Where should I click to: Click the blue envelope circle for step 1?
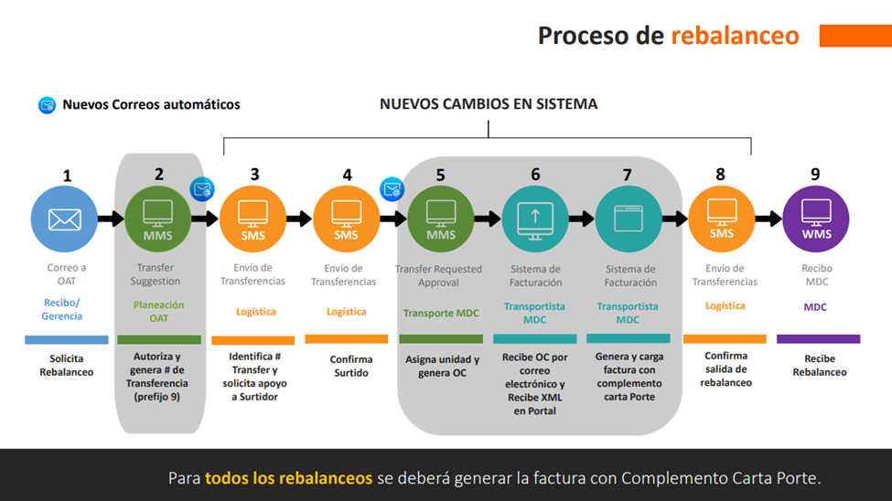[x=64, y=219]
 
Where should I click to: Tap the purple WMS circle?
[x=816, y=219]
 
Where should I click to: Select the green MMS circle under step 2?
[x=158, y=219]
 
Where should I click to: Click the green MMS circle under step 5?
[x=441, y=219]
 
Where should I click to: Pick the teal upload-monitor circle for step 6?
[x=535, y=219]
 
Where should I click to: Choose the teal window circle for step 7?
[x=629, y=219]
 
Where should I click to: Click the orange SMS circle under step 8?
[x=722, y=219]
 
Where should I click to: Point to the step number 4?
[x=347, y=176]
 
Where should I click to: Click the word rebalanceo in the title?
[x=735, y=36]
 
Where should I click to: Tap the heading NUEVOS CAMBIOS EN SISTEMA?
[x=489, y=104]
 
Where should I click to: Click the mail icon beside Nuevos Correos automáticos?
[x=47, y=105]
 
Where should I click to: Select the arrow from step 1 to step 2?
[x=111, y=219]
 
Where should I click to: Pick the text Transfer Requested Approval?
[x=438, y=276]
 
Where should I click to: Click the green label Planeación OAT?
[x=158, y=312]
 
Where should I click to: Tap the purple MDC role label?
[x=815, y=307]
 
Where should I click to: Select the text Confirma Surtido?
[x=351, y=366]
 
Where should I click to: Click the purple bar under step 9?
[x=818, y=339]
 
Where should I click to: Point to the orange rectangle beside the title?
[x=855, y=36]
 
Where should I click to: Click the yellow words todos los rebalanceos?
[x=288, y=477]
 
